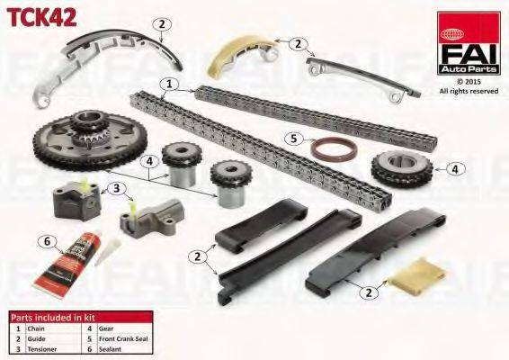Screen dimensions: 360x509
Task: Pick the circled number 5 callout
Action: (x=293, y=139)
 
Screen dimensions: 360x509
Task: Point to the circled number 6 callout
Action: (x=49, y=241)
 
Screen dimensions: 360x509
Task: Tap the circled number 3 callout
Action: (x=116, y=188)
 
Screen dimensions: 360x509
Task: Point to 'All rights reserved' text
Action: (x=469, y=91)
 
